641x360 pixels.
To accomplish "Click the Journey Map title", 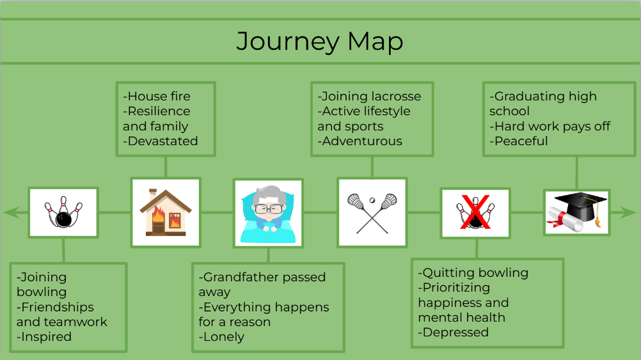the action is pos(320,42).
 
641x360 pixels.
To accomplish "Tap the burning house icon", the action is pos(166,212).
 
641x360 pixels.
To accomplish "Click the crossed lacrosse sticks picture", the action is pos(372,213).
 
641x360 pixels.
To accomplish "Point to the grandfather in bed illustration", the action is pos(268,214).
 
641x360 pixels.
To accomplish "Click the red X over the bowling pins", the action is pos(475,212).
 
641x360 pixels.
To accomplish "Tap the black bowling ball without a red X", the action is pos(63,219).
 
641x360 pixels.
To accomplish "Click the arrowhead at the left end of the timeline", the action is pos(11,212).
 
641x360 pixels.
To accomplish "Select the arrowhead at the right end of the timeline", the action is pos(629,212).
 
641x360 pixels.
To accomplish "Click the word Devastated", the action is pos(162,141).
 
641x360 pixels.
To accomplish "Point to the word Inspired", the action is pos(46,337).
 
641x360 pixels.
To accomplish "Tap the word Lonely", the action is pos(224,337).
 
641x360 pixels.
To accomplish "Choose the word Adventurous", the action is pos(362,141).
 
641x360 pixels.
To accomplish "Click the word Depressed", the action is pos(455,333).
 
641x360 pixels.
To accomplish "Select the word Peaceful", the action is pos(521,141).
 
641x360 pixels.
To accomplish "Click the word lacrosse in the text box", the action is pos(396,97).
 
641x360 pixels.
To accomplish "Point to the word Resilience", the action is pos(159,111).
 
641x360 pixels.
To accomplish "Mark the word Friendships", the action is pos(57,307).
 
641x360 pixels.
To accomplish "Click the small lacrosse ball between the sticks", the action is pos(372,200).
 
